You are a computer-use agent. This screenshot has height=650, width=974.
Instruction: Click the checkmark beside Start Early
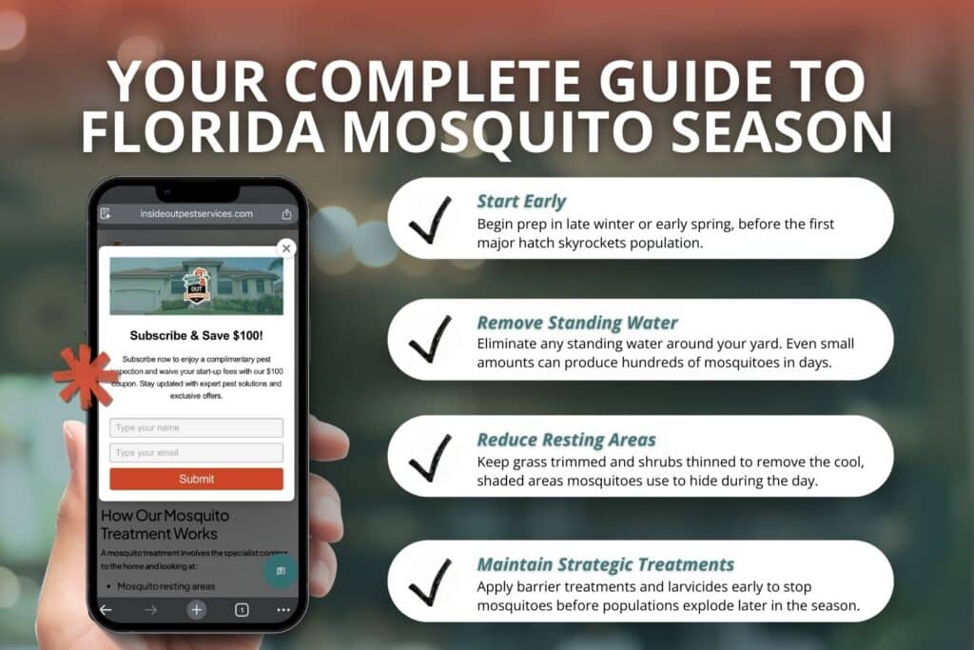tap(430, 221)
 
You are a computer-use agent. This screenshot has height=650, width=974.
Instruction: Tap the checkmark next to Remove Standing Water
tap(430, 339)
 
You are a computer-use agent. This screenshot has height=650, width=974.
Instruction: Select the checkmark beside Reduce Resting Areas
tap(430, 458)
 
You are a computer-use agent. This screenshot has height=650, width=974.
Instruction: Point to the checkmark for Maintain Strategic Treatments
tap(430, 581)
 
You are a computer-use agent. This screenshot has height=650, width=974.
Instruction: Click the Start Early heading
tap(521, 202)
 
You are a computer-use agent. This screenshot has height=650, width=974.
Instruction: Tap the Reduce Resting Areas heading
tap(566, 440)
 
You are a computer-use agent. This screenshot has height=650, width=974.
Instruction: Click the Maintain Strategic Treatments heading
tap(605, 564)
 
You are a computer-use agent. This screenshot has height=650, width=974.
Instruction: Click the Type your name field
tap(196, 428)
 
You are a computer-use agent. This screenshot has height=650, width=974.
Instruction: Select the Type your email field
tap(196, 453)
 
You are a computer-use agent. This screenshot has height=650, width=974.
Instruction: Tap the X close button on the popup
tap(286, 248)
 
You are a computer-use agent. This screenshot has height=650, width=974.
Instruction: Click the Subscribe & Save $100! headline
tap(196, 335)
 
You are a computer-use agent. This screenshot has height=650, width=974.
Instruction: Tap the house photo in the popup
tap(196, 286)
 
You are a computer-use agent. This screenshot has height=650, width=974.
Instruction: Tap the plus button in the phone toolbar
tap(196, 610)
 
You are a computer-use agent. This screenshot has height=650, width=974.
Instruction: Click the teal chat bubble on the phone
tap(281, 571)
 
